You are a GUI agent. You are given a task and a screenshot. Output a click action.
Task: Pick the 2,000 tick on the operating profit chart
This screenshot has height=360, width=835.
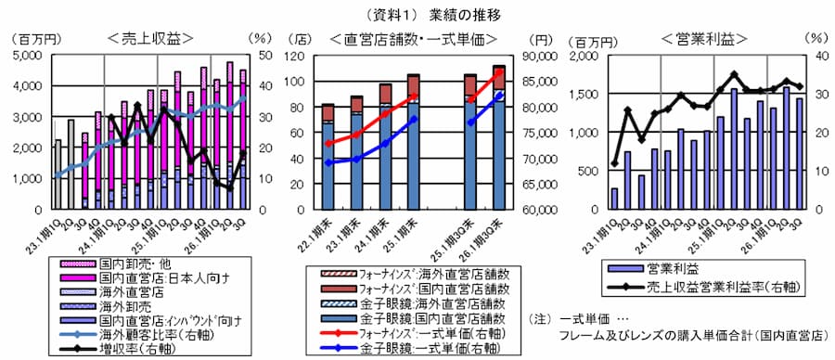click(x=584, y=56)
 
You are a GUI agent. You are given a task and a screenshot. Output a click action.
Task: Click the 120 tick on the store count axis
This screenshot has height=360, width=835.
click(x=302, y=56)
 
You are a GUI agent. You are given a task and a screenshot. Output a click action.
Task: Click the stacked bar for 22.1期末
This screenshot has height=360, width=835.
click(x=328, y=157)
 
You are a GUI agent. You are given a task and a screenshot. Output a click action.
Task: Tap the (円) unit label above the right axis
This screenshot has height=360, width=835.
click(x=539, y=40)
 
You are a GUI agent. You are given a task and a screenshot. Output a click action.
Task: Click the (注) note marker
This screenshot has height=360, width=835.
click(x=539, y=318)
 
